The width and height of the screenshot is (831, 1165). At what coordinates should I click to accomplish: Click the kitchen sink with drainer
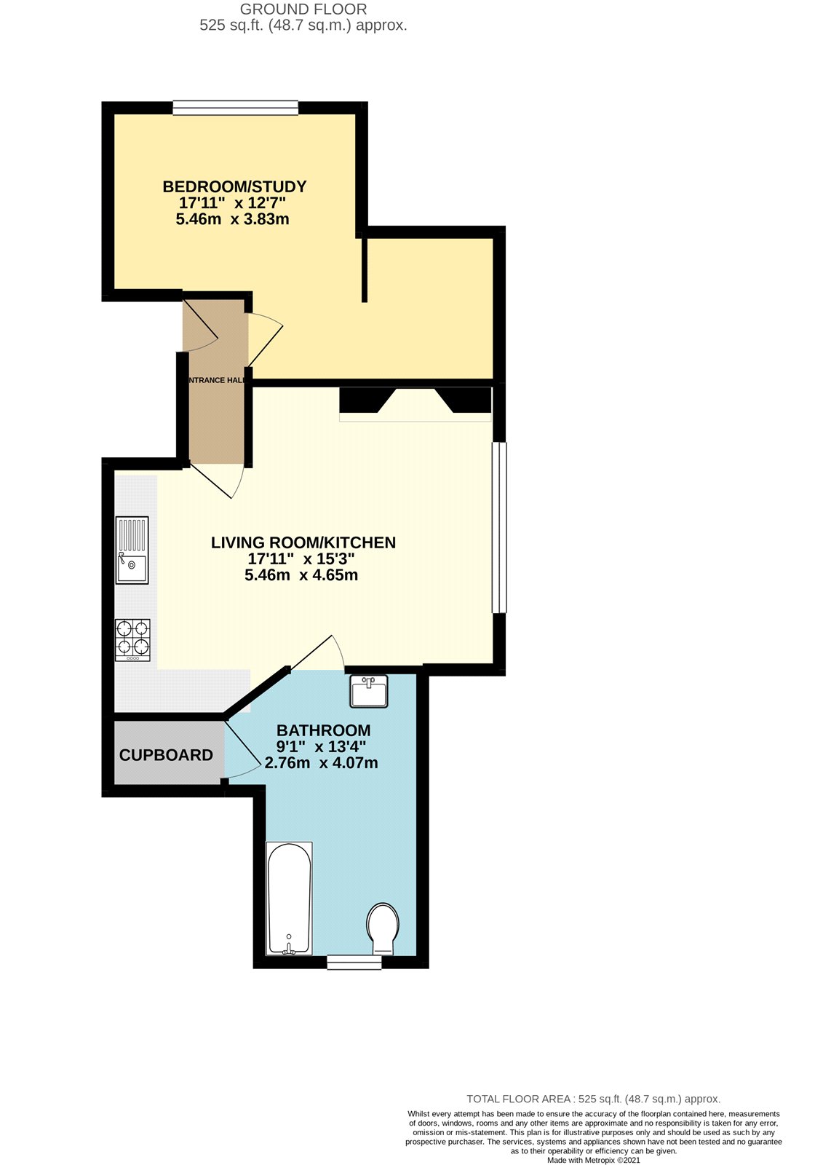click(132, 550)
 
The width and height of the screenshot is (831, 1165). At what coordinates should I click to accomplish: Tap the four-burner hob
click(132, 639)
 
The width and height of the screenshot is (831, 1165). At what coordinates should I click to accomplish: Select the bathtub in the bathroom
click(289, 899)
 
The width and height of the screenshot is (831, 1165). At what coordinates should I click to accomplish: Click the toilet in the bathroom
click(383, 928)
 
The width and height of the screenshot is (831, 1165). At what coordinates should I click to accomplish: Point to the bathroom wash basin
click(368, 691)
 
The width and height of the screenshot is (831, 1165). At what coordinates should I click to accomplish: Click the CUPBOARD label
click(166, 755)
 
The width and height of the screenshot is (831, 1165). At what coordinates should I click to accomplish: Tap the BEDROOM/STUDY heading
click(234, 186)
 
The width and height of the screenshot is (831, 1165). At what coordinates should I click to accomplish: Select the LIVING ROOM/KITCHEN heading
click(303, 542)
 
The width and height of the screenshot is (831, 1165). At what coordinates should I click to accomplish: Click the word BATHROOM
click(323, 730)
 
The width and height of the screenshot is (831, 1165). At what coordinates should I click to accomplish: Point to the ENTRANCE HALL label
click(216, 380)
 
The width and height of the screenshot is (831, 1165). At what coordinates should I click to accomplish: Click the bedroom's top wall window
click(236, 108)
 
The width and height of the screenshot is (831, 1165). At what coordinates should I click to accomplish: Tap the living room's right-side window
click(498, 527)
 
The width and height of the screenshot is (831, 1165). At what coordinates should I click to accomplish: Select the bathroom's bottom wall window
click(354, 963)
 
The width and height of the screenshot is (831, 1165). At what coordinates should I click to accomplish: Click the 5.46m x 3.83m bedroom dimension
click(233, 219)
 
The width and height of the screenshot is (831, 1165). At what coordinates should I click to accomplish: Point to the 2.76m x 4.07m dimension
click(321, 763)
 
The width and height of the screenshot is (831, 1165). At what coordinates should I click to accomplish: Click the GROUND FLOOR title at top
click(303, 9)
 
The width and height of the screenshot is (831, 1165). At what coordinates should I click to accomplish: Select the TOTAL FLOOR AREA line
click(593, 1099)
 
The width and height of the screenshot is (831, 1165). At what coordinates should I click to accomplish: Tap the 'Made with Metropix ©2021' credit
click(593, 1161)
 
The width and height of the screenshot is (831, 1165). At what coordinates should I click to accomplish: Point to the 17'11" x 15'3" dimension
click(301, 559)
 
